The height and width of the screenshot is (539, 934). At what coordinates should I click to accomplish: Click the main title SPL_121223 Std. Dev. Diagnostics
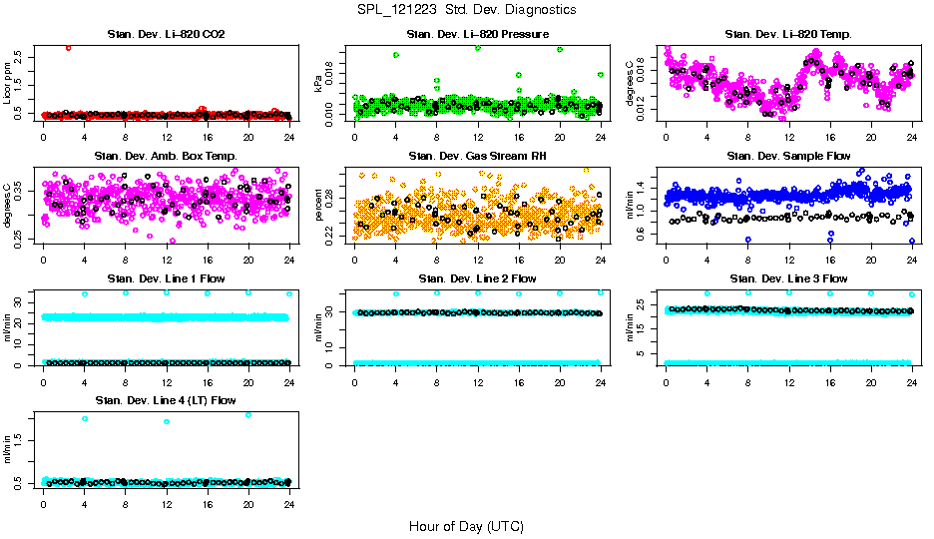466,9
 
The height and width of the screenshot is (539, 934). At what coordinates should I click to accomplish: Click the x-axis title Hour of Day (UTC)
466,526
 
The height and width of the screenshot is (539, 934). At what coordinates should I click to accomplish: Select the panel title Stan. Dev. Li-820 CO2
166,35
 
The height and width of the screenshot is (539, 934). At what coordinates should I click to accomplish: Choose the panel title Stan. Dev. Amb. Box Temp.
166,157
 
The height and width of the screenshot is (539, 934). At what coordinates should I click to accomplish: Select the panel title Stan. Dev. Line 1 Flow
166,278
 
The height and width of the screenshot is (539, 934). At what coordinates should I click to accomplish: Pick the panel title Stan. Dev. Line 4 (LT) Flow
166,400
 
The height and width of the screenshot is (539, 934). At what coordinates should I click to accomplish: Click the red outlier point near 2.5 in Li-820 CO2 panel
68,47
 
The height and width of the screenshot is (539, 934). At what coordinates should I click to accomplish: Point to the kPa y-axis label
319,84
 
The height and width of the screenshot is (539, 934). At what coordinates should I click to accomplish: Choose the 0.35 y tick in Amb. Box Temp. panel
23,187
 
